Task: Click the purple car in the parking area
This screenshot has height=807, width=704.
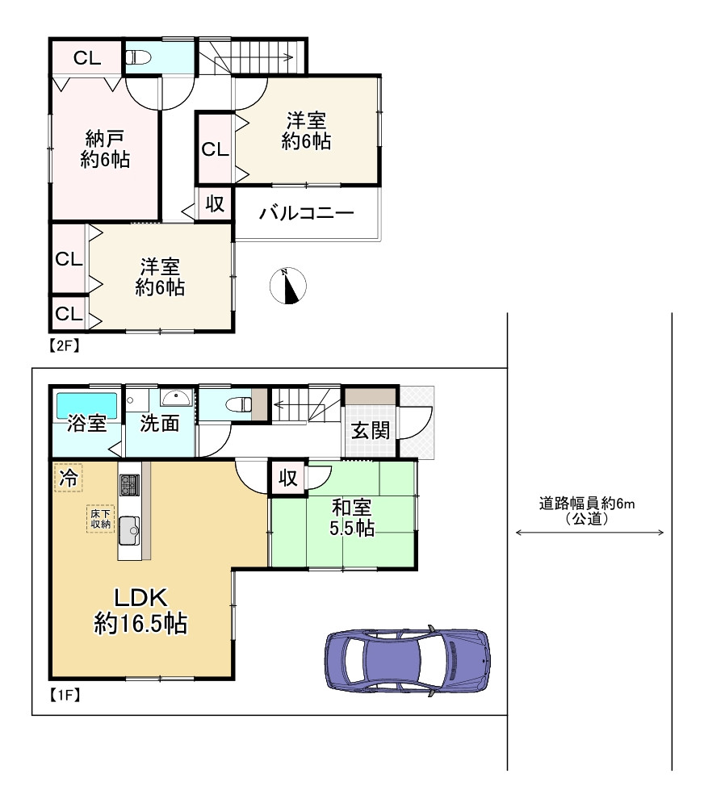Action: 408,659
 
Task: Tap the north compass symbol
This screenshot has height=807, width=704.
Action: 288,286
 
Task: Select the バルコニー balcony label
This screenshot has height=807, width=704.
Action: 307,214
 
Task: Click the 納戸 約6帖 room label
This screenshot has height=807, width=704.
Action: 105,148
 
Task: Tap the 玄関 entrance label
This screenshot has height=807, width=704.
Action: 371,430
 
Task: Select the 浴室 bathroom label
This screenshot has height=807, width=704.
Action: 87,424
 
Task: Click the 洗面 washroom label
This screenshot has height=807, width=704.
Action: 159,424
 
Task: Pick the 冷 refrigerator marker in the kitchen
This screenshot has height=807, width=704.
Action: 69,477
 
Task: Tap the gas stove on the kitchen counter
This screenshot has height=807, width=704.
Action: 129,486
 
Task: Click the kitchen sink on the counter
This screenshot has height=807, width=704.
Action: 129,531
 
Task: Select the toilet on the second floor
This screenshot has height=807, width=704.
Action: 139,57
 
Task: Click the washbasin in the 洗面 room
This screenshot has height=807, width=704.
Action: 176,397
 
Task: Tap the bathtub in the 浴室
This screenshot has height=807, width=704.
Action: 86,403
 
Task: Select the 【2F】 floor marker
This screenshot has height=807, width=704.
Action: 62,346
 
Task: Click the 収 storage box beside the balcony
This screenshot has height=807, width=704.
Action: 215,204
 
